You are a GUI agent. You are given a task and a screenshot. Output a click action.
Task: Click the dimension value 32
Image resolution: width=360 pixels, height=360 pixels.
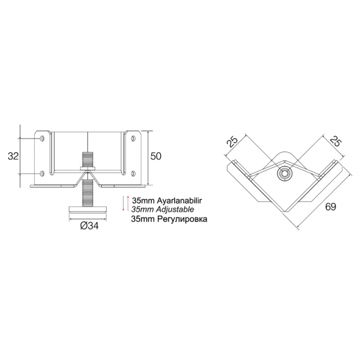(13, 156)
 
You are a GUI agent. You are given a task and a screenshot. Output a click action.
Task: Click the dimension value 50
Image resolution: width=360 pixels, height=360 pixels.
(156, 156)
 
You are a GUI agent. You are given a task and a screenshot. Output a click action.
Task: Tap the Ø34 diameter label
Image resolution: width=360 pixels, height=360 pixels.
(89, 226)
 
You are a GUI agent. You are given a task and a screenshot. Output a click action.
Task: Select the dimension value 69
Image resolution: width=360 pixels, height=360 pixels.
(331, 207)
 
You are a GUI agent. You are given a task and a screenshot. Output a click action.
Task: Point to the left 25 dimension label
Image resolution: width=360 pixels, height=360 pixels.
(232, 141)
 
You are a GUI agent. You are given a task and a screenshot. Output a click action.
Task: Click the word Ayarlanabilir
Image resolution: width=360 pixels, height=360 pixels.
(179, 201)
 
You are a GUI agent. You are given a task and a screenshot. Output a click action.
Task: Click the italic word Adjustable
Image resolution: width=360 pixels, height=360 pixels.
(175, 209)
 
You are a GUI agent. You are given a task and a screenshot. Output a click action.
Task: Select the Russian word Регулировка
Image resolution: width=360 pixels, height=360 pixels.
(182, 219)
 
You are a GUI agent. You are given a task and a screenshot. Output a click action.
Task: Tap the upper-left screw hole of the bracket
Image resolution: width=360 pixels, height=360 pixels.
(42, 138)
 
